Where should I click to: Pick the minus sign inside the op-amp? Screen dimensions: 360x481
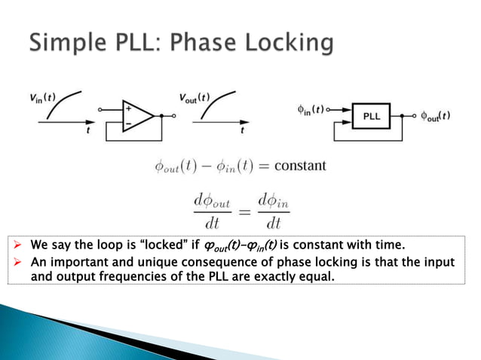click(x=127, y=123)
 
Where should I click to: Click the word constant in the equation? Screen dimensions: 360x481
click(x=301, y=165)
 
